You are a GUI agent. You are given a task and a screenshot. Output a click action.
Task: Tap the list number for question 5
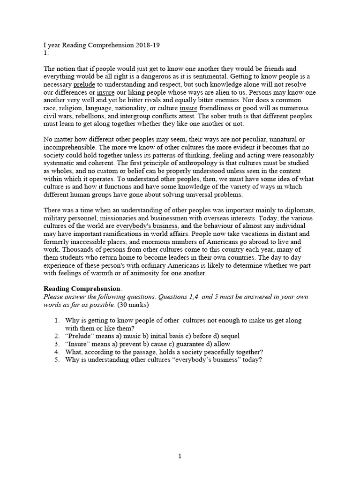tap(56, 360)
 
